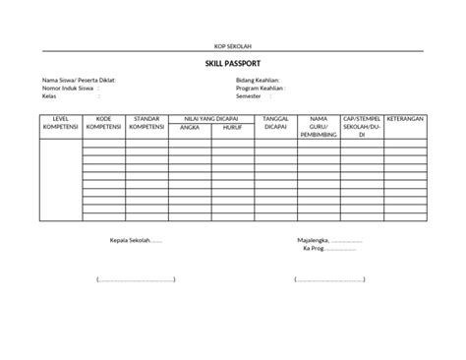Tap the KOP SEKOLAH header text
click(x=233, y=46)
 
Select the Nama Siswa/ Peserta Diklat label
click(x=71, y=80)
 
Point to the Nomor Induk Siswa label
click(x=67, y=88)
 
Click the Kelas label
click(x=49, y=95)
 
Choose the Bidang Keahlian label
click(x=259, y=80)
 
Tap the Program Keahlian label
click(x=262, y=88)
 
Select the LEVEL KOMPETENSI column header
click(x=60, y=123)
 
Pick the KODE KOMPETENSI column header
click(x=104, y=123)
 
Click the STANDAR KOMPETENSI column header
click(x=147, y=123)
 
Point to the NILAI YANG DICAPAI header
click(x=211, y=118)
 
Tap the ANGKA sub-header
click(x=190, y=127)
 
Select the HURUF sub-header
click(x=232, y=127)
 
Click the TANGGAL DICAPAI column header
click(x=276, y=123)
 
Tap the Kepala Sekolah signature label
click(x=136, y=240)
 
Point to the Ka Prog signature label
click(x=315, y=248)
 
